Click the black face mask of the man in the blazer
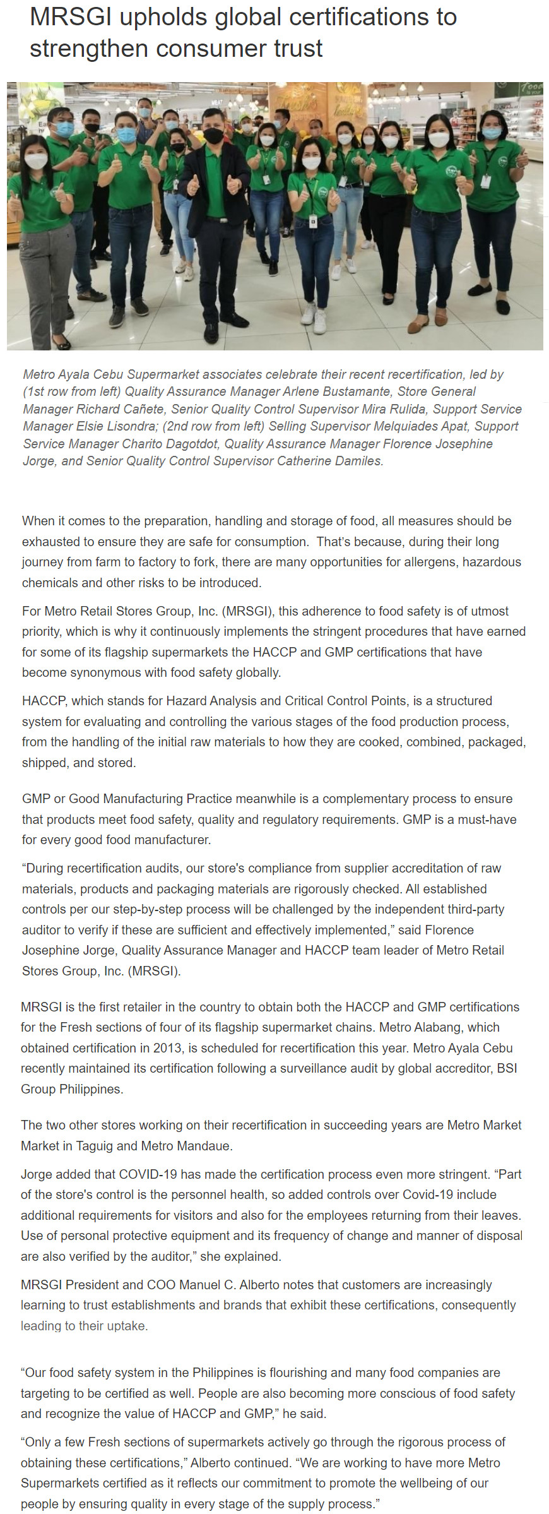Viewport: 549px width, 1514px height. click(x=213, y=135)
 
